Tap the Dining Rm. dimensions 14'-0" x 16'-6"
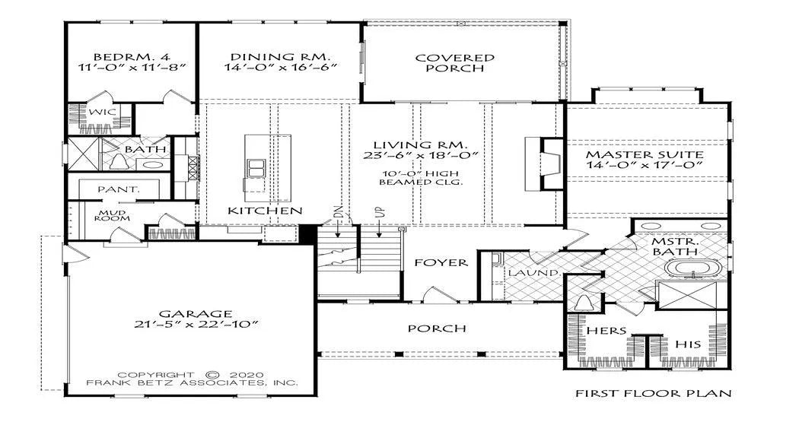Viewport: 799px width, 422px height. (282, 67)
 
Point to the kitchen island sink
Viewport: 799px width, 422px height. (256, 167)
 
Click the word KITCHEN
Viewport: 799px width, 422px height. (265, 210)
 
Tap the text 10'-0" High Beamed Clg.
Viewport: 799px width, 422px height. (421, 178)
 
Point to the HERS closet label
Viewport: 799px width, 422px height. (606, 331)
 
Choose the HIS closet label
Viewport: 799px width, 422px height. (688, 344)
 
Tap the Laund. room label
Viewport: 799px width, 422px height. (534, 273)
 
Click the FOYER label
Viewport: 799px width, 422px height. (441, 262)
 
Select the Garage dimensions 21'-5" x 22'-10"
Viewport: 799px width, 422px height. (194, 325)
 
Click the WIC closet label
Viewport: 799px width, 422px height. (103, 112)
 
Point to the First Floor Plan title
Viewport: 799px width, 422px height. (654, 393)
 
